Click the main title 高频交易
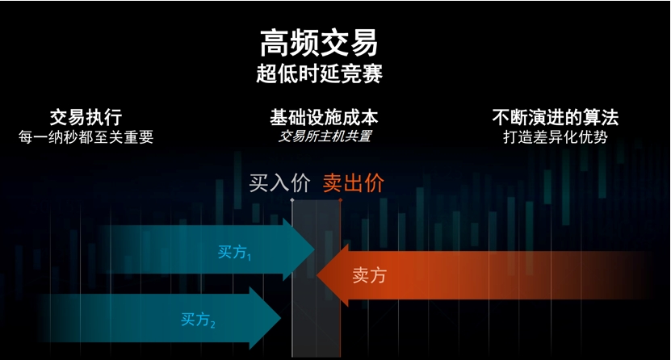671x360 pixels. tap(319, 43)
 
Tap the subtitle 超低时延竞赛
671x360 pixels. tap(319, 73)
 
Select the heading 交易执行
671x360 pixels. tap(86, 117)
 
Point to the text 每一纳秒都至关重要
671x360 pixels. tap(86, 137)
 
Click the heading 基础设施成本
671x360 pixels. tap(324, 117)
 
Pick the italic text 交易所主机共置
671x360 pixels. tap(325, 136)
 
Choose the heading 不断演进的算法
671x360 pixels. tap(556, 117)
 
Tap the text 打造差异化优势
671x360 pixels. tap(556, 137)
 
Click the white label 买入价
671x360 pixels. tap(279, 183)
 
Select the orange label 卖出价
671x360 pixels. tap(354, 183)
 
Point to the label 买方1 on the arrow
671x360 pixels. tap(234, 253)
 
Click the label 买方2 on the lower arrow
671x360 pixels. tap(198, 320)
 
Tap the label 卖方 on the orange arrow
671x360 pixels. tap(369, 275)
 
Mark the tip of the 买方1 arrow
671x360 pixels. tap(315, 249)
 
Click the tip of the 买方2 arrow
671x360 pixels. tap(281, 318)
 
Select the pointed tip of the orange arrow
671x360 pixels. tap(317, 275)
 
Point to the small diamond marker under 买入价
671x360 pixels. tap(292, 199)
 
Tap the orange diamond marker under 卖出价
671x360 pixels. tap(340, 199)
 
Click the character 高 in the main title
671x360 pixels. tap(275, 43)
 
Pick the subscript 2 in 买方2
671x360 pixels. tap(212, 324)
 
